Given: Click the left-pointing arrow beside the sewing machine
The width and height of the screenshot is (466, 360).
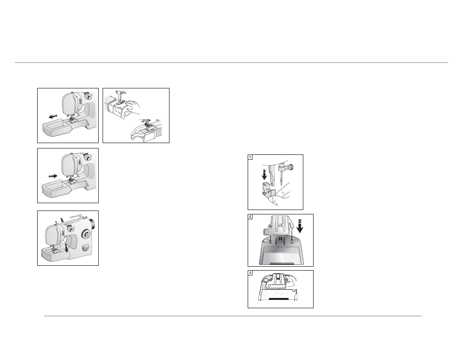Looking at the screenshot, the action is pyautogui.click(x=53, y=116).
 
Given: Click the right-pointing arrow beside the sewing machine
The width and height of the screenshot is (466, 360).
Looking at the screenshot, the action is pyautogui.click(x=53, y=176).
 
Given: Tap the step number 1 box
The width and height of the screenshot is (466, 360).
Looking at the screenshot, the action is pyautogui.click(x=250, y=157).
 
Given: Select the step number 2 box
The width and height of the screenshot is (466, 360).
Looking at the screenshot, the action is pyautogui.click(x=250, y=217).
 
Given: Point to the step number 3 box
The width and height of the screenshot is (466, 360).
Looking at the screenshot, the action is pyautogui.click(x=250, y=273).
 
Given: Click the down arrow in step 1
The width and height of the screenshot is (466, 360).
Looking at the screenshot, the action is pyautogui.click(x=264, y=174).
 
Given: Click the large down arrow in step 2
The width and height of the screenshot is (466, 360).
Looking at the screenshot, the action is pyautogui.click(x=300, y=226).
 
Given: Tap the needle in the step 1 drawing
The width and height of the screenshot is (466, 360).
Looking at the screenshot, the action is pyautogui.click(x=281, y=178).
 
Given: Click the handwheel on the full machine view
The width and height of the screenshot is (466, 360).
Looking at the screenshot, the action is pyautogui.click(x=92, y=224).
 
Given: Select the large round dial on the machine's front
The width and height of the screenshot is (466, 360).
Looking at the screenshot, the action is pyautogui.click(x=86, y=234).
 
